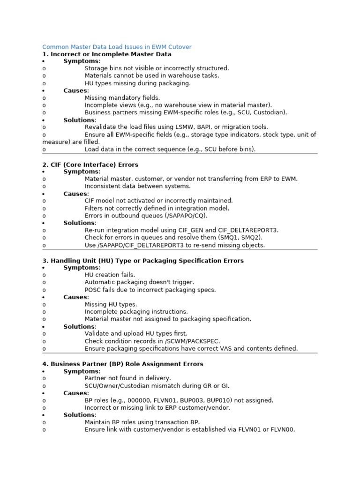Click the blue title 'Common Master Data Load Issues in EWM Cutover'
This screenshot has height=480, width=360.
(117, 47)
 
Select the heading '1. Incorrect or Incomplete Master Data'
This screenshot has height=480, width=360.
(106, 54)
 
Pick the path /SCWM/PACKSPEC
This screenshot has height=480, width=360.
(194, 341)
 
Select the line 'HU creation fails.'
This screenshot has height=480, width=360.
(110, 275)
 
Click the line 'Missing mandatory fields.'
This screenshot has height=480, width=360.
(122, 98)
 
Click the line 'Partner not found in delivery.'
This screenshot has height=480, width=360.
(127, 378)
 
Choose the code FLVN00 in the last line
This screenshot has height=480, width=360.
(283, 429)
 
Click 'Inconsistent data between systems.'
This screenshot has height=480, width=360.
(137, 186)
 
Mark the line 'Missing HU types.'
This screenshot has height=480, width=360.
(111, 304)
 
